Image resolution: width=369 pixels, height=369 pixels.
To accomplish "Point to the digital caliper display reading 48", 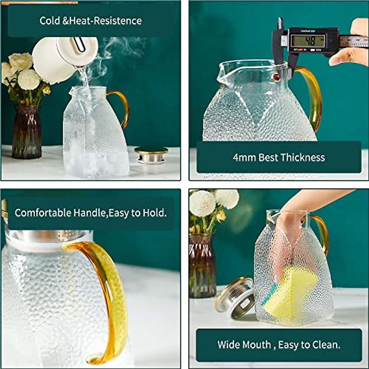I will (307, 40).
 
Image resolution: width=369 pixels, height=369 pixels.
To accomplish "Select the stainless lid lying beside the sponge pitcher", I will (235, 298).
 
